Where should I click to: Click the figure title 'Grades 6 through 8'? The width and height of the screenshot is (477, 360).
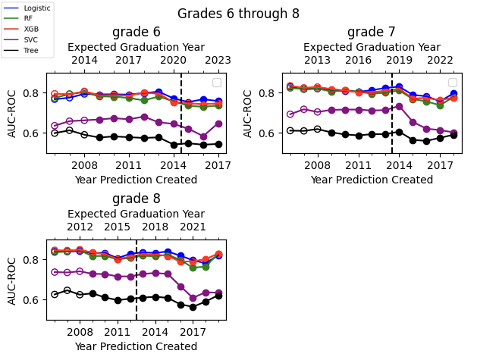[238, 14]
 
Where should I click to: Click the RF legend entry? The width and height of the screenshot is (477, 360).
[28, 17]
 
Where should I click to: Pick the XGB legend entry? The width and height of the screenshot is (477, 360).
[30, 29]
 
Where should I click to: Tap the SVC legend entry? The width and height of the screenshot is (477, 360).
[30, 40]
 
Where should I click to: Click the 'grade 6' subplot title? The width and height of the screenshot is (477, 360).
[136, 32]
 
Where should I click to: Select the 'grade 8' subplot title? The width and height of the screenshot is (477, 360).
[136, 199]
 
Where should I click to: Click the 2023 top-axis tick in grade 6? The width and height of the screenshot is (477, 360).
[218, 61]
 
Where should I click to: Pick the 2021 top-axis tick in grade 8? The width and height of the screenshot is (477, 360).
[193, 227]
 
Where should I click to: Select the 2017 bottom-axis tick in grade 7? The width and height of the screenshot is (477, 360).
[439, 164]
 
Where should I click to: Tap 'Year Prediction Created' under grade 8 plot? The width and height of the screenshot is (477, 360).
[136, 346]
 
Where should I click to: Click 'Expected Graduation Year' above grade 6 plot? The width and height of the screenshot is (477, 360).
[136, 47]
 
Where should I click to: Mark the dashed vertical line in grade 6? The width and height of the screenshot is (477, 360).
[181, 114]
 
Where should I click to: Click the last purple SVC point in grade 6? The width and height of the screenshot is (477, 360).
[218, 124]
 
